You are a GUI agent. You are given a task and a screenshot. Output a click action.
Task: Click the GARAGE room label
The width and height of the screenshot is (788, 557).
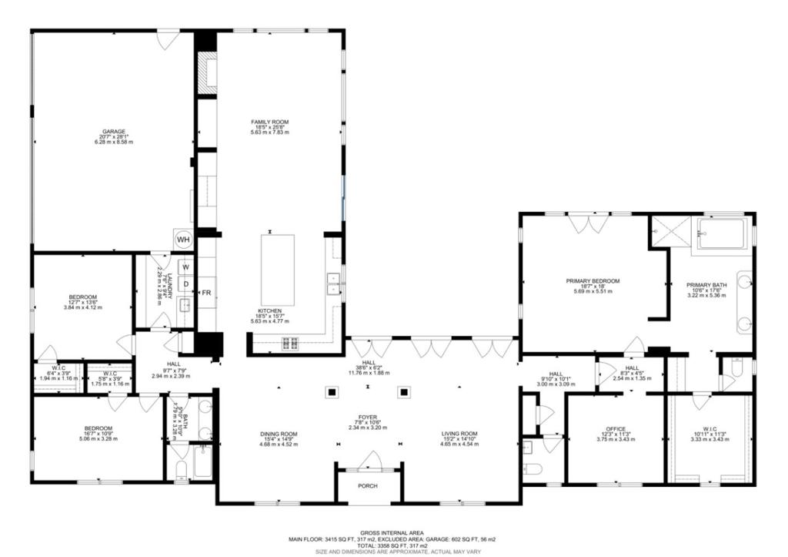tap(113, 132)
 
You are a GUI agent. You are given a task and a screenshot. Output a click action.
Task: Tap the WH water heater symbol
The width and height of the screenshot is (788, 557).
tap(183, 240)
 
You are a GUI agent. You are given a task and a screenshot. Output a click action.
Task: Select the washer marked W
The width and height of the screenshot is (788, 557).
tap(185, 267)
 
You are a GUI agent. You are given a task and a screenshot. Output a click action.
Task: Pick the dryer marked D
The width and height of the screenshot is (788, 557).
tap(185, 284)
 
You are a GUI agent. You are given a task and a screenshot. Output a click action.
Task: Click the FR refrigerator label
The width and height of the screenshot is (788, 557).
tap(206, 293)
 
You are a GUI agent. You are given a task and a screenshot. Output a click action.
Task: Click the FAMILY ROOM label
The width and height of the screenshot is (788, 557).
tap(269, 122)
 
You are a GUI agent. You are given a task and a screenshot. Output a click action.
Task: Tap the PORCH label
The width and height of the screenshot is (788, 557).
tap(368, 486)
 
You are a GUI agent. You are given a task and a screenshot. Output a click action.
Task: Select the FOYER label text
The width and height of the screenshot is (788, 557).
tap(366, 416)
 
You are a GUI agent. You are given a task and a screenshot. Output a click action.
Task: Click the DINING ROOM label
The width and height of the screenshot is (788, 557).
tap(278, 434)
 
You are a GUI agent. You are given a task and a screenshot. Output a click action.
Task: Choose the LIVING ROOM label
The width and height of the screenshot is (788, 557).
tap(459, 434)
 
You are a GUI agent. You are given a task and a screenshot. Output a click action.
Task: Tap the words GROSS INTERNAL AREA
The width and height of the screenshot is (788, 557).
tap(394, 532)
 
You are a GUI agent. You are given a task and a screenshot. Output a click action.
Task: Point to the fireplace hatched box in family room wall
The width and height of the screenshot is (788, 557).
tap(205, 72)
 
